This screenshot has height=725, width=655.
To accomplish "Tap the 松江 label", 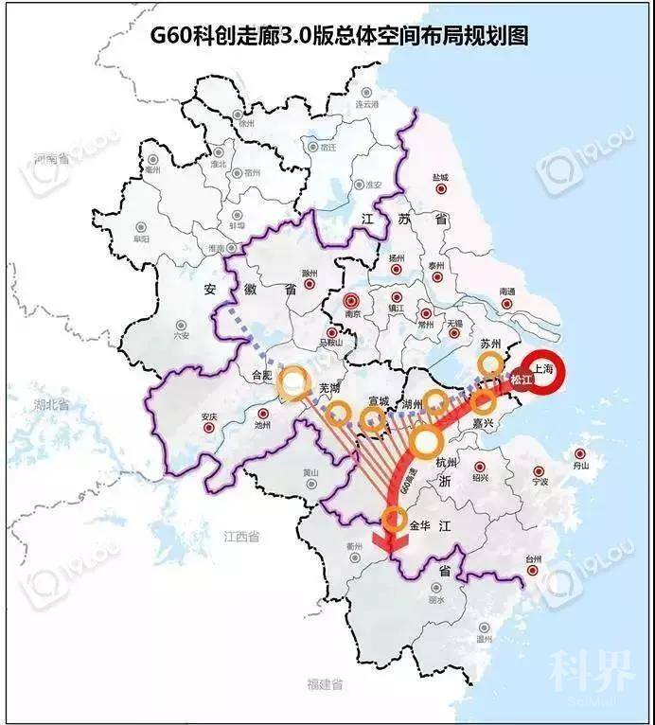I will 522,380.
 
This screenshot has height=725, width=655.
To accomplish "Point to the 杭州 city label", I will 445,463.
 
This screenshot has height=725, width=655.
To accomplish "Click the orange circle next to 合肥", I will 295,382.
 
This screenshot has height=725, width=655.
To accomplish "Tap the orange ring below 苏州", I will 490,364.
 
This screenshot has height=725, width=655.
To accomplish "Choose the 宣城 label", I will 379,401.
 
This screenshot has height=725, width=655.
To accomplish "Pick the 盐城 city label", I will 440,177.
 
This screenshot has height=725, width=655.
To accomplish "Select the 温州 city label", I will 485,640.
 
